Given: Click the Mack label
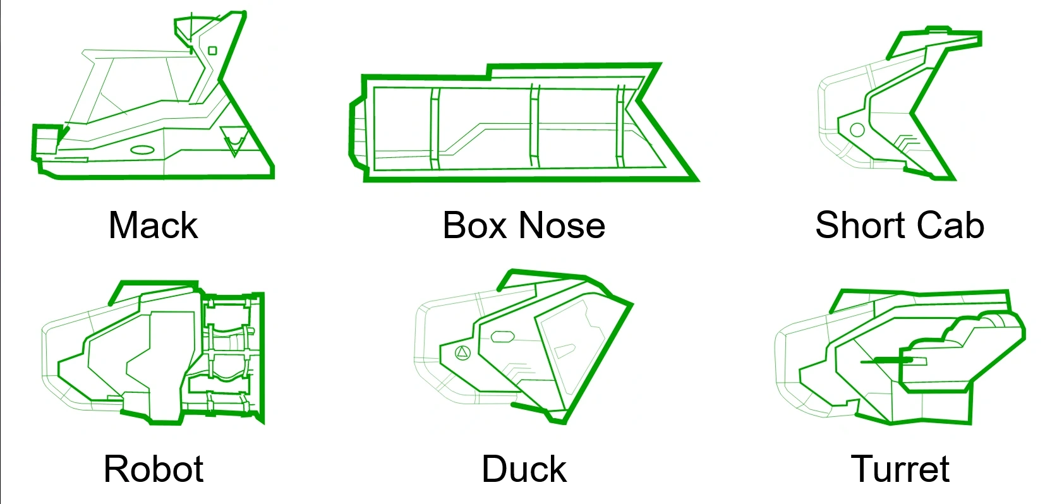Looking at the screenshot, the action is (153, 225).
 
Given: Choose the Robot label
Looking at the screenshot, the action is (153, 469).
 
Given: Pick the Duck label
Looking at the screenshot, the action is (524, 469).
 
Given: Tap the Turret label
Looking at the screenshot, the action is (900, 469).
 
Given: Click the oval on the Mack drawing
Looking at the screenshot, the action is (143, 150).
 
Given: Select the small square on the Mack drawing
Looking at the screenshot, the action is (212, 51).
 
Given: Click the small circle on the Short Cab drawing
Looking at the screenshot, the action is (857, 130).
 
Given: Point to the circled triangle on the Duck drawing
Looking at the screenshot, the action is (463, 352).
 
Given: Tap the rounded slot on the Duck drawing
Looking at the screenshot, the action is (502, 337).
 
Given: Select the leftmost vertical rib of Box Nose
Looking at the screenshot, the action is (435, 128).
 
